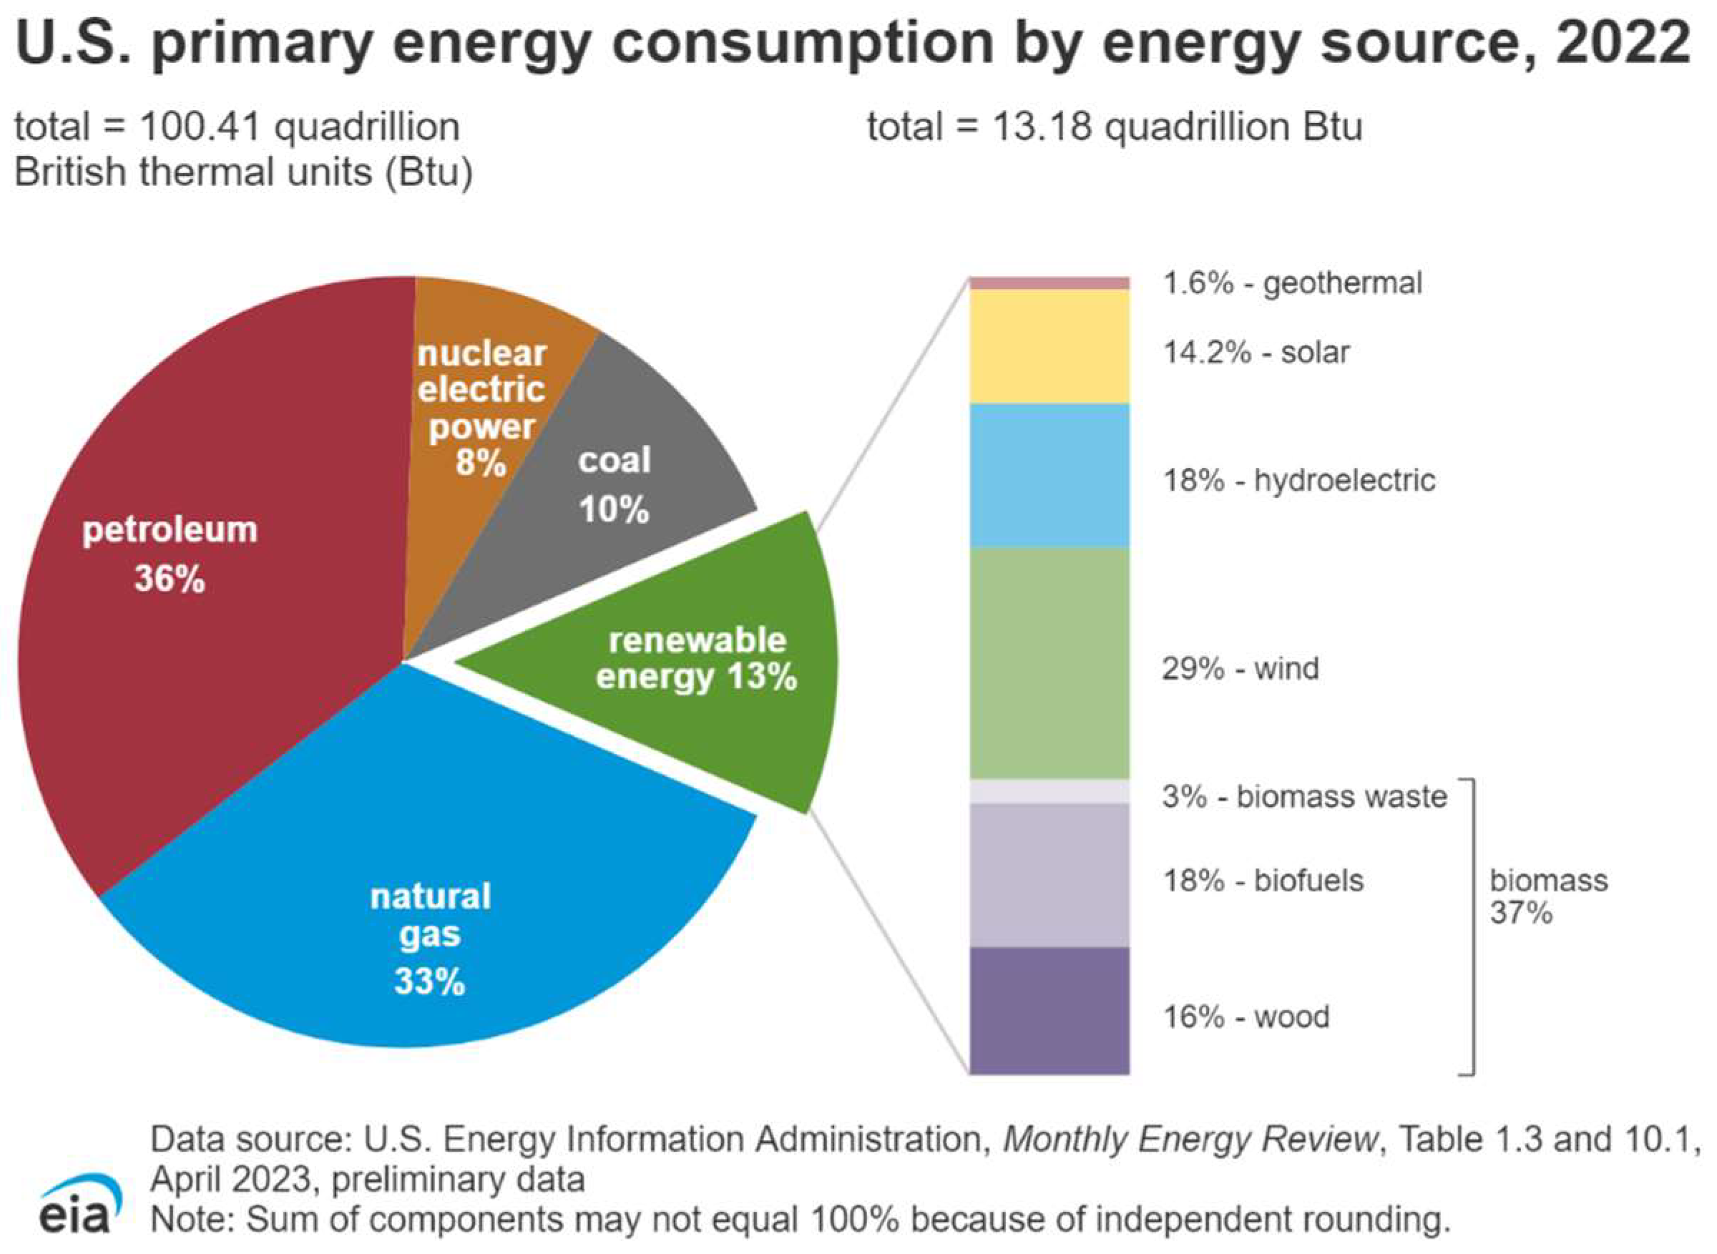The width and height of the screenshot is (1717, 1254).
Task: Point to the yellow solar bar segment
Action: point(1050,347)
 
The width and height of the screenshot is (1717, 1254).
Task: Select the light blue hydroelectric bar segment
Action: point(1050,476)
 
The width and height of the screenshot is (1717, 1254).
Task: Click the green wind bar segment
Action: point(1050,664)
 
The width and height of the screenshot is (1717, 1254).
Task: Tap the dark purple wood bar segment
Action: point(1050,1011)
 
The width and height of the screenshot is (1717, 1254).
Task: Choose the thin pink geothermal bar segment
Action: point(1050,283)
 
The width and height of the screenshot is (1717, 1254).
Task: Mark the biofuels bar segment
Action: point(1050,875)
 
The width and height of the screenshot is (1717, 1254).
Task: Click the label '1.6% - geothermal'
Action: point(1293,283)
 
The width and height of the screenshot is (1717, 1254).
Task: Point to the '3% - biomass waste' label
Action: point(1304,797)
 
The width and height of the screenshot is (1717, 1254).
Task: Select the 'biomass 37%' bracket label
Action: point(1547,896)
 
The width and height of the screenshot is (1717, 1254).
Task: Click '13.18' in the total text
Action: point(1042,127)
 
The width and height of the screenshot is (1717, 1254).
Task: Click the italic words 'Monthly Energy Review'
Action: point(1190,1139)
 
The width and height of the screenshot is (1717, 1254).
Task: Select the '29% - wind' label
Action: point(1241,669)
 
